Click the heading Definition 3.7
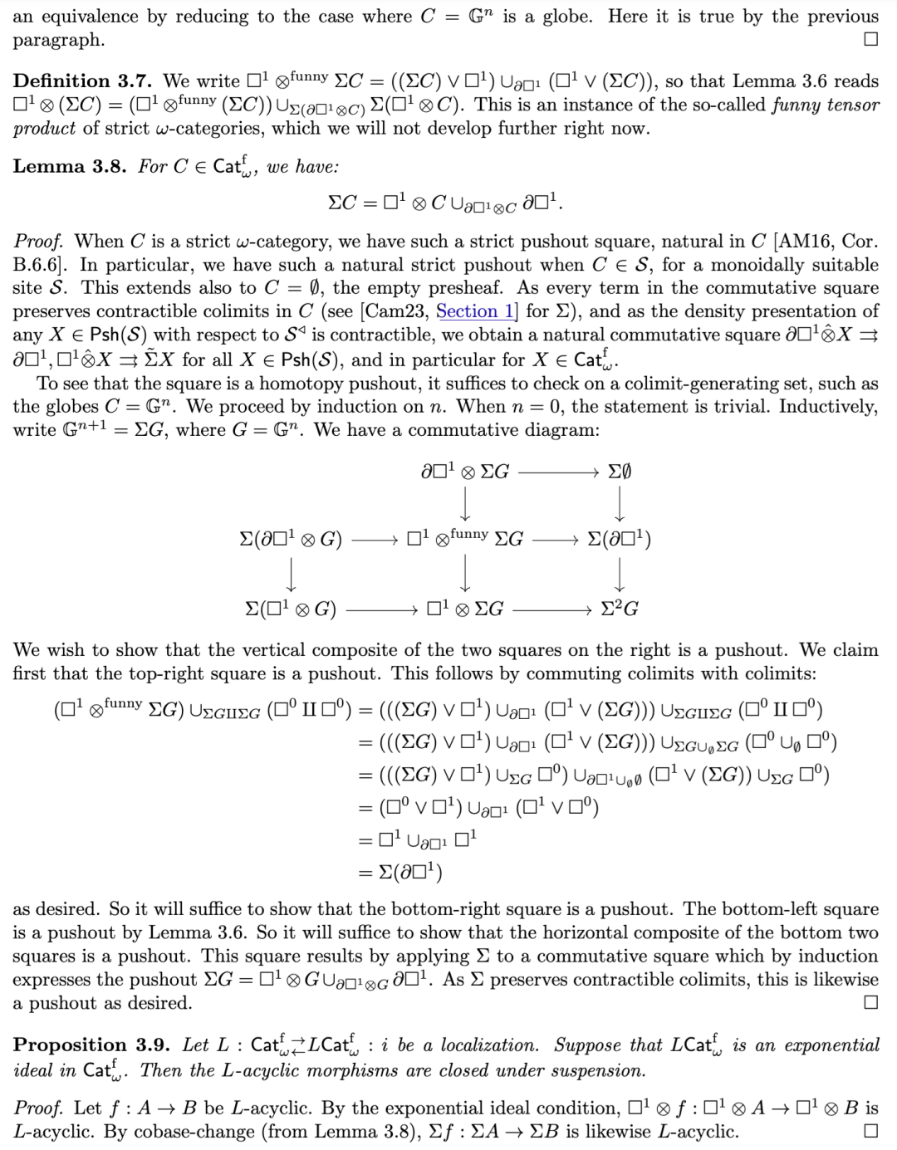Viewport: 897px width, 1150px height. [x=82, y=81]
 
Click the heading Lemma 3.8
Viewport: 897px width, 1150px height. [x=69, y=166]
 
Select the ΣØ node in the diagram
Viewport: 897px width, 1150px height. [x=619, y=472]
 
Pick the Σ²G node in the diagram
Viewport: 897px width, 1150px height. [x=620, y=609]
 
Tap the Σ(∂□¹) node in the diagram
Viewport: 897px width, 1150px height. [x=619, y=540]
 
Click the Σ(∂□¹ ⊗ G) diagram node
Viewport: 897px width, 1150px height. [x=291, y=540]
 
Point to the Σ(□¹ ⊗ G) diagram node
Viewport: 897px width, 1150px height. [x=291, y=609]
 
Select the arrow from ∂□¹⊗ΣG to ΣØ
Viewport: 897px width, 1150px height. [x=558, y=472]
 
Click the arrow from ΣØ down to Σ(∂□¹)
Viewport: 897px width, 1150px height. [x=620, y=504]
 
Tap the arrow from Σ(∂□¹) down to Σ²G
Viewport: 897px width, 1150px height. [x=620, y=574]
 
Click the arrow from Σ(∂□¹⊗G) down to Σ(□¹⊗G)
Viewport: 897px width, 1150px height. [x=291, y=574]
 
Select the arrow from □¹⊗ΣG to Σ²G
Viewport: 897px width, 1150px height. [x=551, y=609]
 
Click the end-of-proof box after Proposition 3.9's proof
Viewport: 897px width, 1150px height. [x=870, y=1131]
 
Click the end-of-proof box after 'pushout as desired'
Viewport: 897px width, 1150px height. [x=870, y=1002]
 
